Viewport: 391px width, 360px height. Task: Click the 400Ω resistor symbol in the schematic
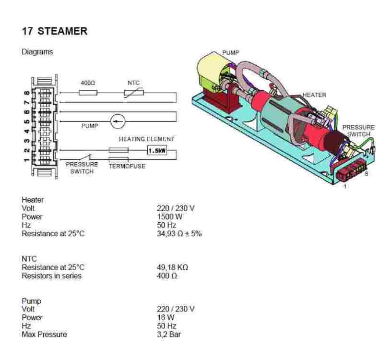[88, 93]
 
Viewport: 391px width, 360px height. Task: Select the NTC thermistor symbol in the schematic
[133, 93]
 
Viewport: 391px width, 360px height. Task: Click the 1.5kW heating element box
[157, 150]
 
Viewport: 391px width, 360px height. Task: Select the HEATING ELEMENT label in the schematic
[147, 139]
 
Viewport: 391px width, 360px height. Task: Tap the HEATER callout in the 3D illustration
[314, 95]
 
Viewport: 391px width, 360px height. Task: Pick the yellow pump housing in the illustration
[211, 72]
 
